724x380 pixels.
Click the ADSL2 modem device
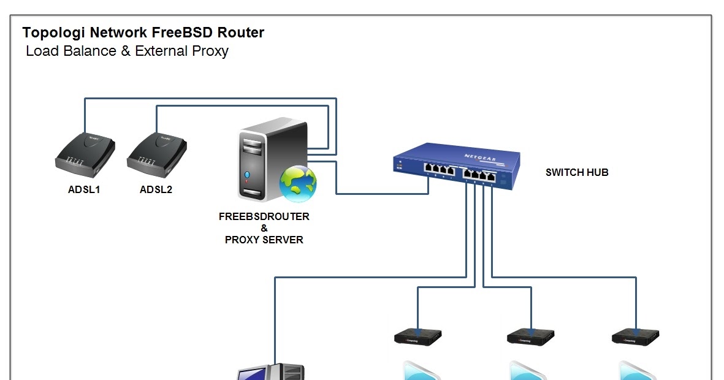[x=157, y=153]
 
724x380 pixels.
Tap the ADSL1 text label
[x=84, y=189]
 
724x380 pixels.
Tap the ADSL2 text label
[x=156, y=189]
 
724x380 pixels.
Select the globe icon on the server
[x=298, y=183]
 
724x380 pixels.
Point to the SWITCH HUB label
[x=577, y=172]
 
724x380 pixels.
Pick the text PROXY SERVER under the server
[x=264, y=240]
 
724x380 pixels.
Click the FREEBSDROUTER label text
[x=264, y=216]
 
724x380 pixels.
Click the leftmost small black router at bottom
[x=417, y=337]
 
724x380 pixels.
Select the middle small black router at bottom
[x=531, y=337]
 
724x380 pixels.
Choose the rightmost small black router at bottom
[x=636, y=337]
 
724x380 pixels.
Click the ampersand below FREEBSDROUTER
[x=264, y=228]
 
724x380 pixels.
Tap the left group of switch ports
[x=438, y=170]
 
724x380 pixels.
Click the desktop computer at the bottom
[x=271, y=372]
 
